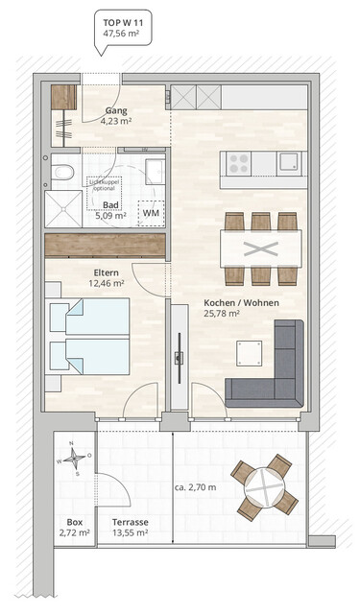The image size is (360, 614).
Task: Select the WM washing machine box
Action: [x=151, y=212]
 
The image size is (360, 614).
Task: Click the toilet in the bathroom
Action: [x=63, y=173]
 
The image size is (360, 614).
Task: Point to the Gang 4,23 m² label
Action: [x=117, y=116]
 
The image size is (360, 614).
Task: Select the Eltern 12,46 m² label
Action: [x=106, y=278]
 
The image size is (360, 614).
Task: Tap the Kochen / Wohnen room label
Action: [x=235, y=306]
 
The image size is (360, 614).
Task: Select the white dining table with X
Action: [x=260, y=248]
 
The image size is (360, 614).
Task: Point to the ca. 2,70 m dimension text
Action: [x=200, y=487]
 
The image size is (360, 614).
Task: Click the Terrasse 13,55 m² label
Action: [x=133, y=529]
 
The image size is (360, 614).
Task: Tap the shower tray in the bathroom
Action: [x=64, y=210]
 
